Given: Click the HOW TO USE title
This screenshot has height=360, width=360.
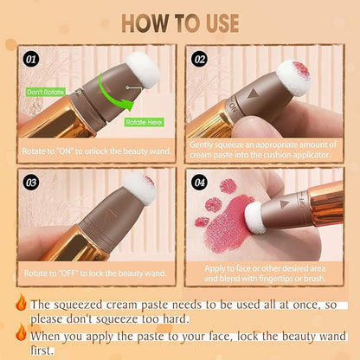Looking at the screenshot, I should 180,22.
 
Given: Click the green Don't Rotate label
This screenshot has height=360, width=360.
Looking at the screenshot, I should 45,91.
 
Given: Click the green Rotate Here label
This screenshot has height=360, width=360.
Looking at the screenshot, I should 143,121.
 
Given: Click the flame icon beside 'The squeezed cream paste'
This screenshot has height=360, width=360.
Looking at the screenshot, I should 20,303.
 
